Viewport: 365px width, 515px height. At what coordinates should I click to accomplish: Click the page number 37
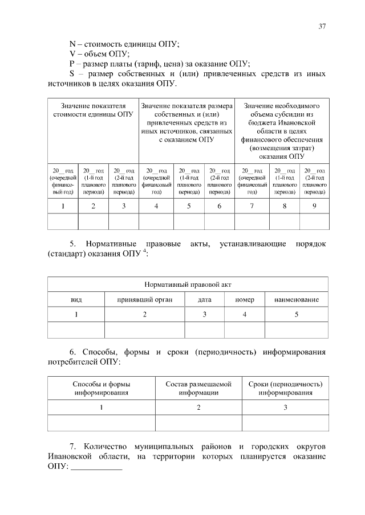(322, 26)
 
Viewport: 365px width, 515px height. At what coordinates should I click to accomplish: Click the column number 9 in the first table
(314, 205)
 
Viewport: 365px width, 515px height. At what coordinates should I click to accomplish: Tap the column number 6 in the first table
(219, 205)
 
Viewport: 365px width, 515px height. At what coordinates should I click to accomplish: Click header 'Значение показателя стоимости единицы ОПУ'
(93, 110)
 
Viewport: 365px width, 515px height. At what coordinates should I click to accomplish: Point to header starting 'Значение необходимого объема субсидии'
(282, 131)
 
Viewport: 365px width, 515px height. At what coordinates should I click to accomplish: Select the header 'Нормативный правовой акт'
(188, 285)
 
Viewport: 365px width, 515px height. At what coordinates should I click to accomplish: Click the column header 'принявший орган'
(144, 299)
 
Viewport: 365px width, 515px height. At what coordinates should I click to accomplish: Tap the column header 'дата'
(205, 299)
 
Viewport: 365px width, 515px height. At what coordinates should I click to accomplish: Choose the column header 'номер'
(244, 299)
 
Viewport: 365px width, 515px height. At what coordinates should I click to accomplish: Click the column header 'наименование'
(296, 299)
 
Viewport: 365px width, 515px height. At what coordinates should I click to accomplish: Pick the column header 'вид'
(76, 299)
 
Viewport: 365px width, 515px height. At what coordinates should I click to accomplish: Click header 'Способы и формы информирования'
(101, 388)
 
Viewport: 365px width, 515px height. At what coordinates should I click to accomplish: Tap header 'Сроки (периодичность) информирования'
(285, 388)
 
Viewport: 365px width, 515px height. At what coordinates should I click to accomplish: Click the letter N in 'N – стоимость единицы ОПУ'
(72, 44)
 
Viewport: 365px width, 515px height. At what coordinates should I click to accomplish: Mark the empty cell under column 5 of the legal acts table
(296, 330)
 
